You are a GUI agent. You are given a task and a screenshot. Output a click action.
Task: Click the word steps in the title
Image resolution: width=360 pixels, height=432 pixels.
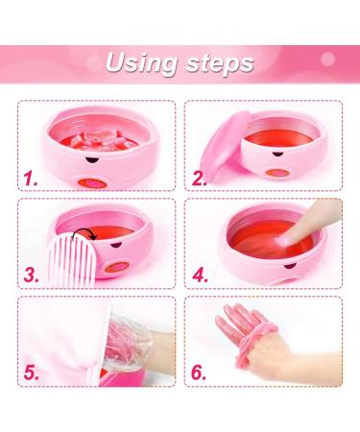pyautogui.click(x=220, y=64)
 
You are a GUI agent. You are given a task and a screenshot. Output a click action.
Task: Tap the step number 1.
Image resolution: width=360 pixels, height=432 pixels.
pyautogui.click(x=33, y=177)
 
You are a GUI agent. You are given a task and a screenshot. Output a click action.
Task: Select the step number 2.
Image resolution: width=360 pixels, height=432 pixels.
pyautogui.click(x=200, y=177)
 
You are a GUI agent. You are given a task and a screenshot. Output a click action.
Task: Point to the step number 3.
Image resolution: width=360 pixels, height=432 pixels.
pyautogui.click(x=32, y=275)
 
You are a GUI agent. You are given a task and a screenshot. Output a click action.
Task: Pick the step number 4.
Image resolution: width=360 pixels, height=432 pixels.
pyautogui.click(x=200, y=275)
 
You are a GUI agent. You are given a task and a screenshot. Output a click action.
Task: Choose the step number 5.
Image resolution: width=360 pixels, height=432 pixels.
pyautogui.click(x=33, y=372)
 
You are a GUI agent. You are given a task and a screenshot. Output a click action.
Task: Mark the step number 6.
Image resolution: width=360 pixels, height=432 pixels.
pyautogui.click(x=200, y=372)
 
